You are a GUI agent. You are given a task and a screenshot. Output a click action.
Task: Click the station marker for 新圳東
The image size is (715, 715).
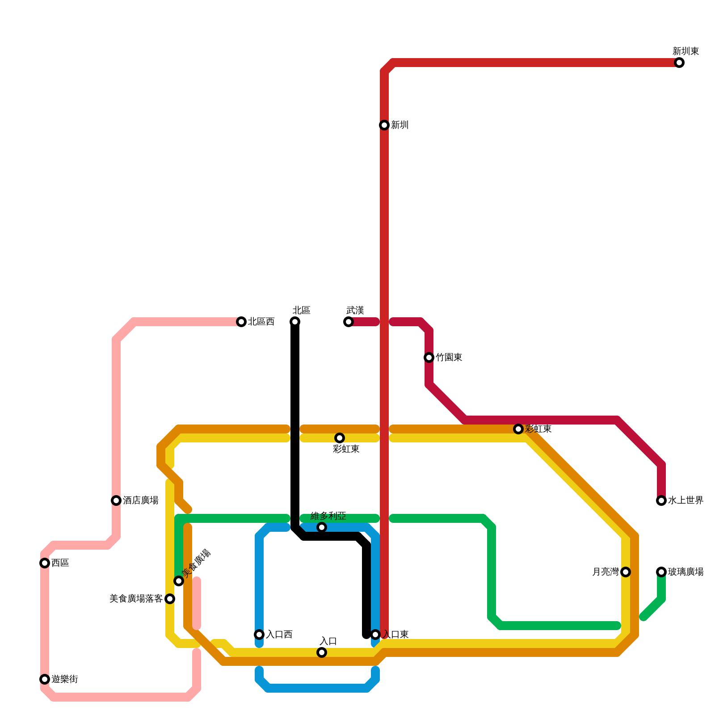click(x=679, y=63)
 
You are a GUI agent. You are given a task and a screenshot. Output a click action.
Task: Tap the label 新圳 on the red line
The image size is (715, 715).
click(x=400, y=125)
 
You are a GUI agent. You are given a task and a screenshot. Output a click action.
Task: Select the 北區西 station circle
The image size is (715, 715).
click(x=241, y=322)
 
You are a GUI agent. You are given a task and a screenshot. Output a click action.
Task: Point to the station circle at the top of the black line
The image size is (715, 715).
click(x=295, y=322)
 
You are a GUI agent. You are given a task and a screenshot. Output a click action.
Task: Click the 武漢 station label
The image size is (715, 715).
click(x=355, y=311)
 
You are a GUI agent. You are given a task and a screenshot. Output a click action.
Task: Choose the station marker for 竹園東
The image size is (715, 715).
click(x=429, y=357)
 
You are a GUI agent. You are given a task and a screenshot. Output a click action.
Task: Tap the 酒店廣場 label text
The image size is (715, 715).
click(x=140, y=500)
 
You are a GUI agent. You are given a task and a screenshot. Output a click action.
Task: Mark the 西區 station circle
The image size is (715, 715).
click(x=45, y=563)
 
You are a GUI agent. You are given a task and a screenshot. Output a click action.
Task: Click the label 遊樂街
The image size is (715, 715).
click(x=64, y=679)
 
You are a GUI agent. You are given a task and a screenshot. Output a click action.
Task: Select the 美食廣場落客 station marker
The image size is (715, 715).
click(x=170, y=599)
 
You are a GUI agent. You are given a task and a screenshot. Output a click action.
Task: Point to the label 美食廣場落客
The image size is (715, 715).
click(x=136, y=599)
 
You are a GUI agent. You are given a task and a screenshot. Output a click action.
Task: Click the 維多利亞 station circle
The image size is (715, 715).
click(x=322, y=527)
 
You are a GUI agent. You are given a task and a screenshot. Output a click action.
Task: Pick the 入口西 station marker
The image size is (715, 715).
click(x=259, y=635)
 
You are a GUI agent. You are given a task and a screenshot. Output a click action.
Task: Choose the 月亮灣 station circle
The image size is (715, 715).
click(x=626, y=572)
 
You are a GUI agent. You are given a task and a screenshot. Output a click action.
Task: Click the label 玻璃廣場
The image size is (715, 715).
click(x=686, y=572)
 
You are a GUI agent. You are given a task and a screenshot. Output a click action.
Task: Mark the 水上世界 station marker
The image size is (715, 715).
click(x=661, y=500)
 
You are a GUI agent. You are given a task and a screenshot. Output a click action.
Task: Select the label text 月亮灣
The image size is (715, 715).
click(x=605, y=572)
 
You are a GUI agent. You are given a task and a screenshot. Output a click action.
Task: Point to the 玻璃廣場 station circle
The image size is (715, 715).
click(x=661, y=572)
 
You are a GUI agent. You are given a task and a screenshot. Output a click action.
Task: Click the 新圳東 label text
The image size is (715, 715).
click(x=686, y=51)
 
